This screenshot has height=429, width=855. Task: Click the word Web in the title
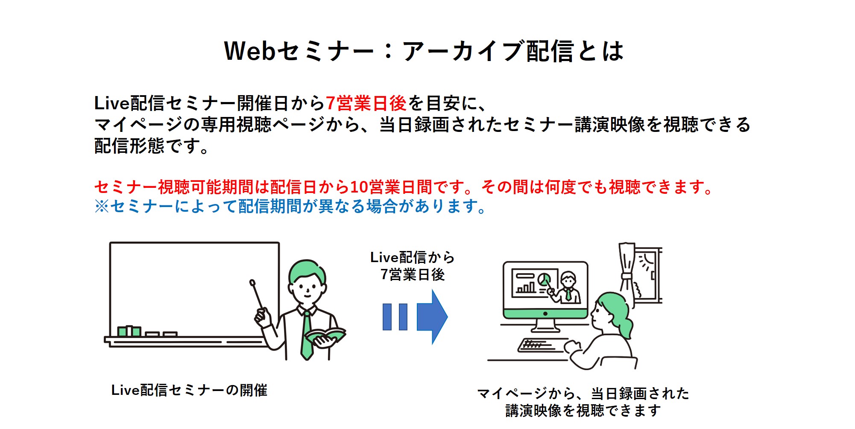[x=250, y=51]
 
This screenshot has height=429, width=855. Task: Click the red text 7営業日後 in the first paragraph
[x=366, y=103]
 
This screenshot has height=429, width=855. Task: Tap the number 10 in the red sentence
[x=359, y=187]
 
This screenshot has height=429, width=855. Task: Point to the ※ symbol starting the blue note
[x=102, y=207]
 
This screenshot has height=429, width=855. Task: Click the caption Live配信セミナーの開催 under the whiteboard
[x=189, y=390]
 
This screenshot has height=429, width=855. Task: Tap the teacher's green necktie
[x=307, y=335]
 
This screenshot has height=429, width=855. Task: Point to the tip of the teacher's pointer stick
[x=252, y=282]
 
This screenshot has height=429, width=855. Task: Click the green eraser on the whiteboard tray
[x=129, y=331]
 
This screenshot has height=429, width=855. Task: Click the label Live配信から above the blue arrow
[x=413, y=257]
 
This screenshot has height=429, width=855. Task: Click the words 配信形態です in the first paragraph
[x=147, y=146]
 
